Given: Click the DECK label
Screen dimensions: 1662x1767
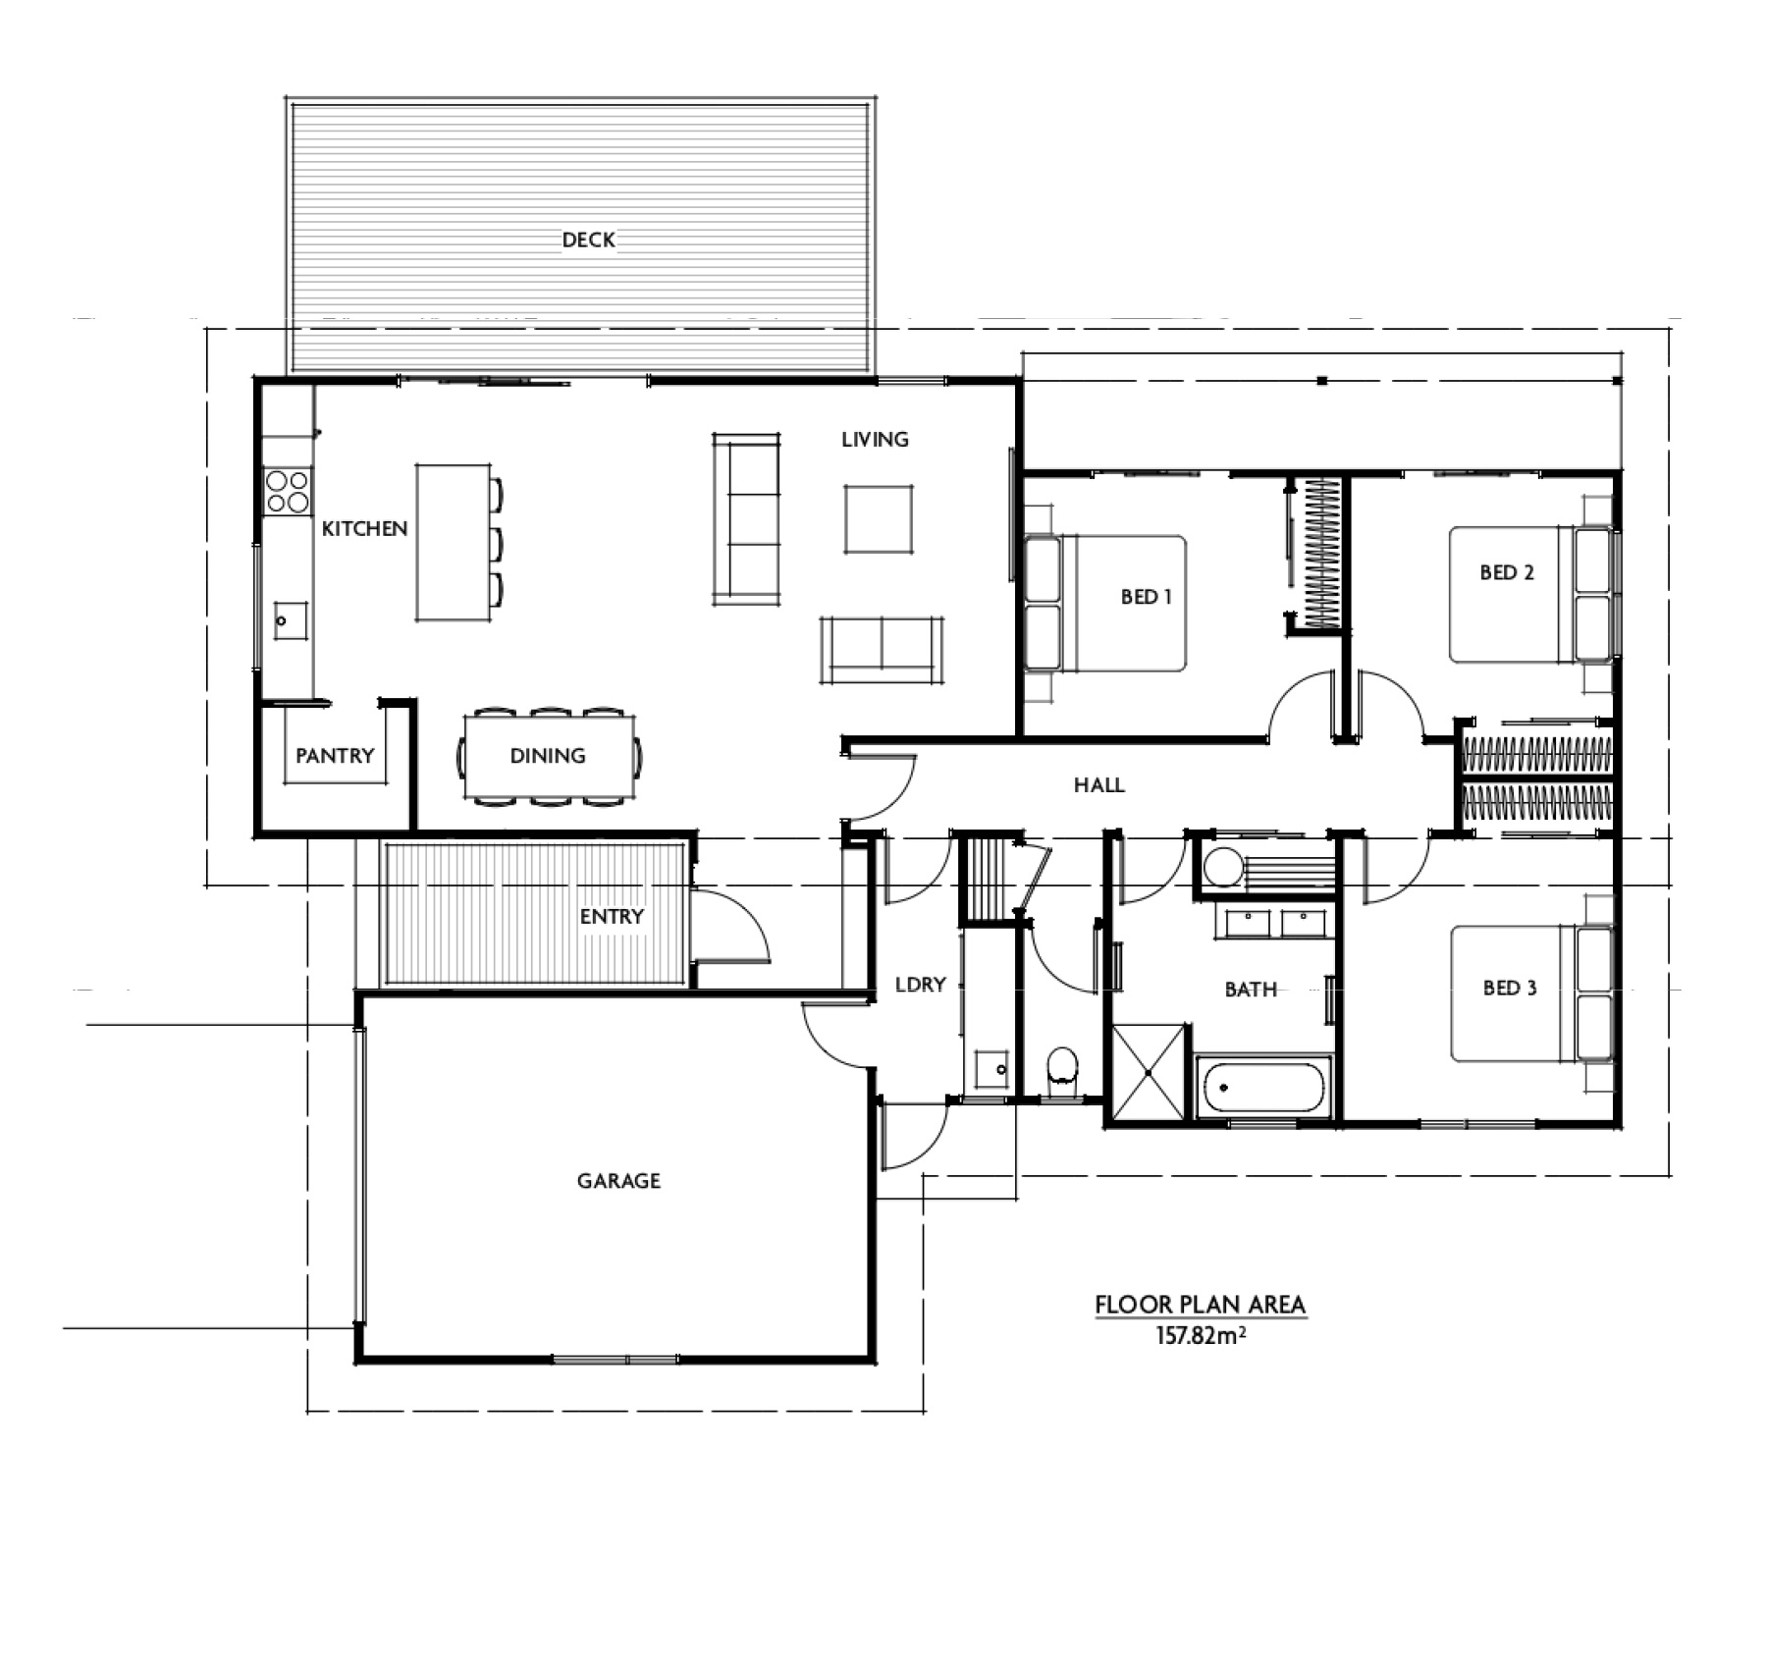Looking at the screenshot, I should coord(588,240).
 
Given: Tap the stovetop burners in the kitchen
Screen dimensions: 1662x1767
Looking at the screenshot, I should coord(287,492).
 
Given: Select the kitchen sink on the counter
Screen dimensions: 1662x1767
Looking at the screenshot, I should coord(290,620).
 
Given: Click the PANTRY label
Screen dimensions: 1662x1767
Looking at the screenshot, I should coord(335,755).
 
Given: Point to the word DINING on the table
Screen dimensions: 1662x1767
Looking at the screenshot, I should coord(548,755).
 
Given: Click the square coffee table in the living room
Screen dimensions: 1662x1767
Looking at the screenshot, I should coord(879,519).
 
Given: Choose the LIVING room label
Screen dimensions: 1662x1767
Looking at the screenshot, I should coord(875,439).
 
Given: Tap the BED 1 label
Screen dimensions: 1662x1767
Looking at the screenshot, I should coord(1146,596).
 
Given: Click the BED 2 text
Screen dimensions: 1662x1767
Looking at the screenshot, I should coord(1506,572).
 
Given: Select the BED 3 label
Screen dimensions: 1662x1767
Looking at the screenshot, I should coord(1509,988).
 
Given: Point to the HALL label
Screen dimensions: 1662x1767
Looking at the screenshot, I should coord(1098,784).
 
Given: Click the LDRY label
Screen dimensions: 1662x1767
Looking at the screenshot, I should coord(920,984).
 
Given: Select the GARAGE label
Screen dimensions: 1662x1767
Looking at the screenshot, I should coord(618,1180).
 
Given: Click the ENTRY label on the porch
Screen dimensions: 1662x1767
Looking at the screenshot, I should coord(612,916).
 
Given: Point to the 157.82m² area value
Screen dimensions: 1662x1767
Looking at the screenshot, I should coord(1201,1335).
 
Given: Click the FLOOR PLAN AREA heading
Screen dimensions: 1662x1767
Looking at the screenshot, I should coord(1200,1305).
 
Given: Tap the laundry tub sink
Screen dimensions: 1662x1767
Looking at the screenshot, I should coord(991,1068).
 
